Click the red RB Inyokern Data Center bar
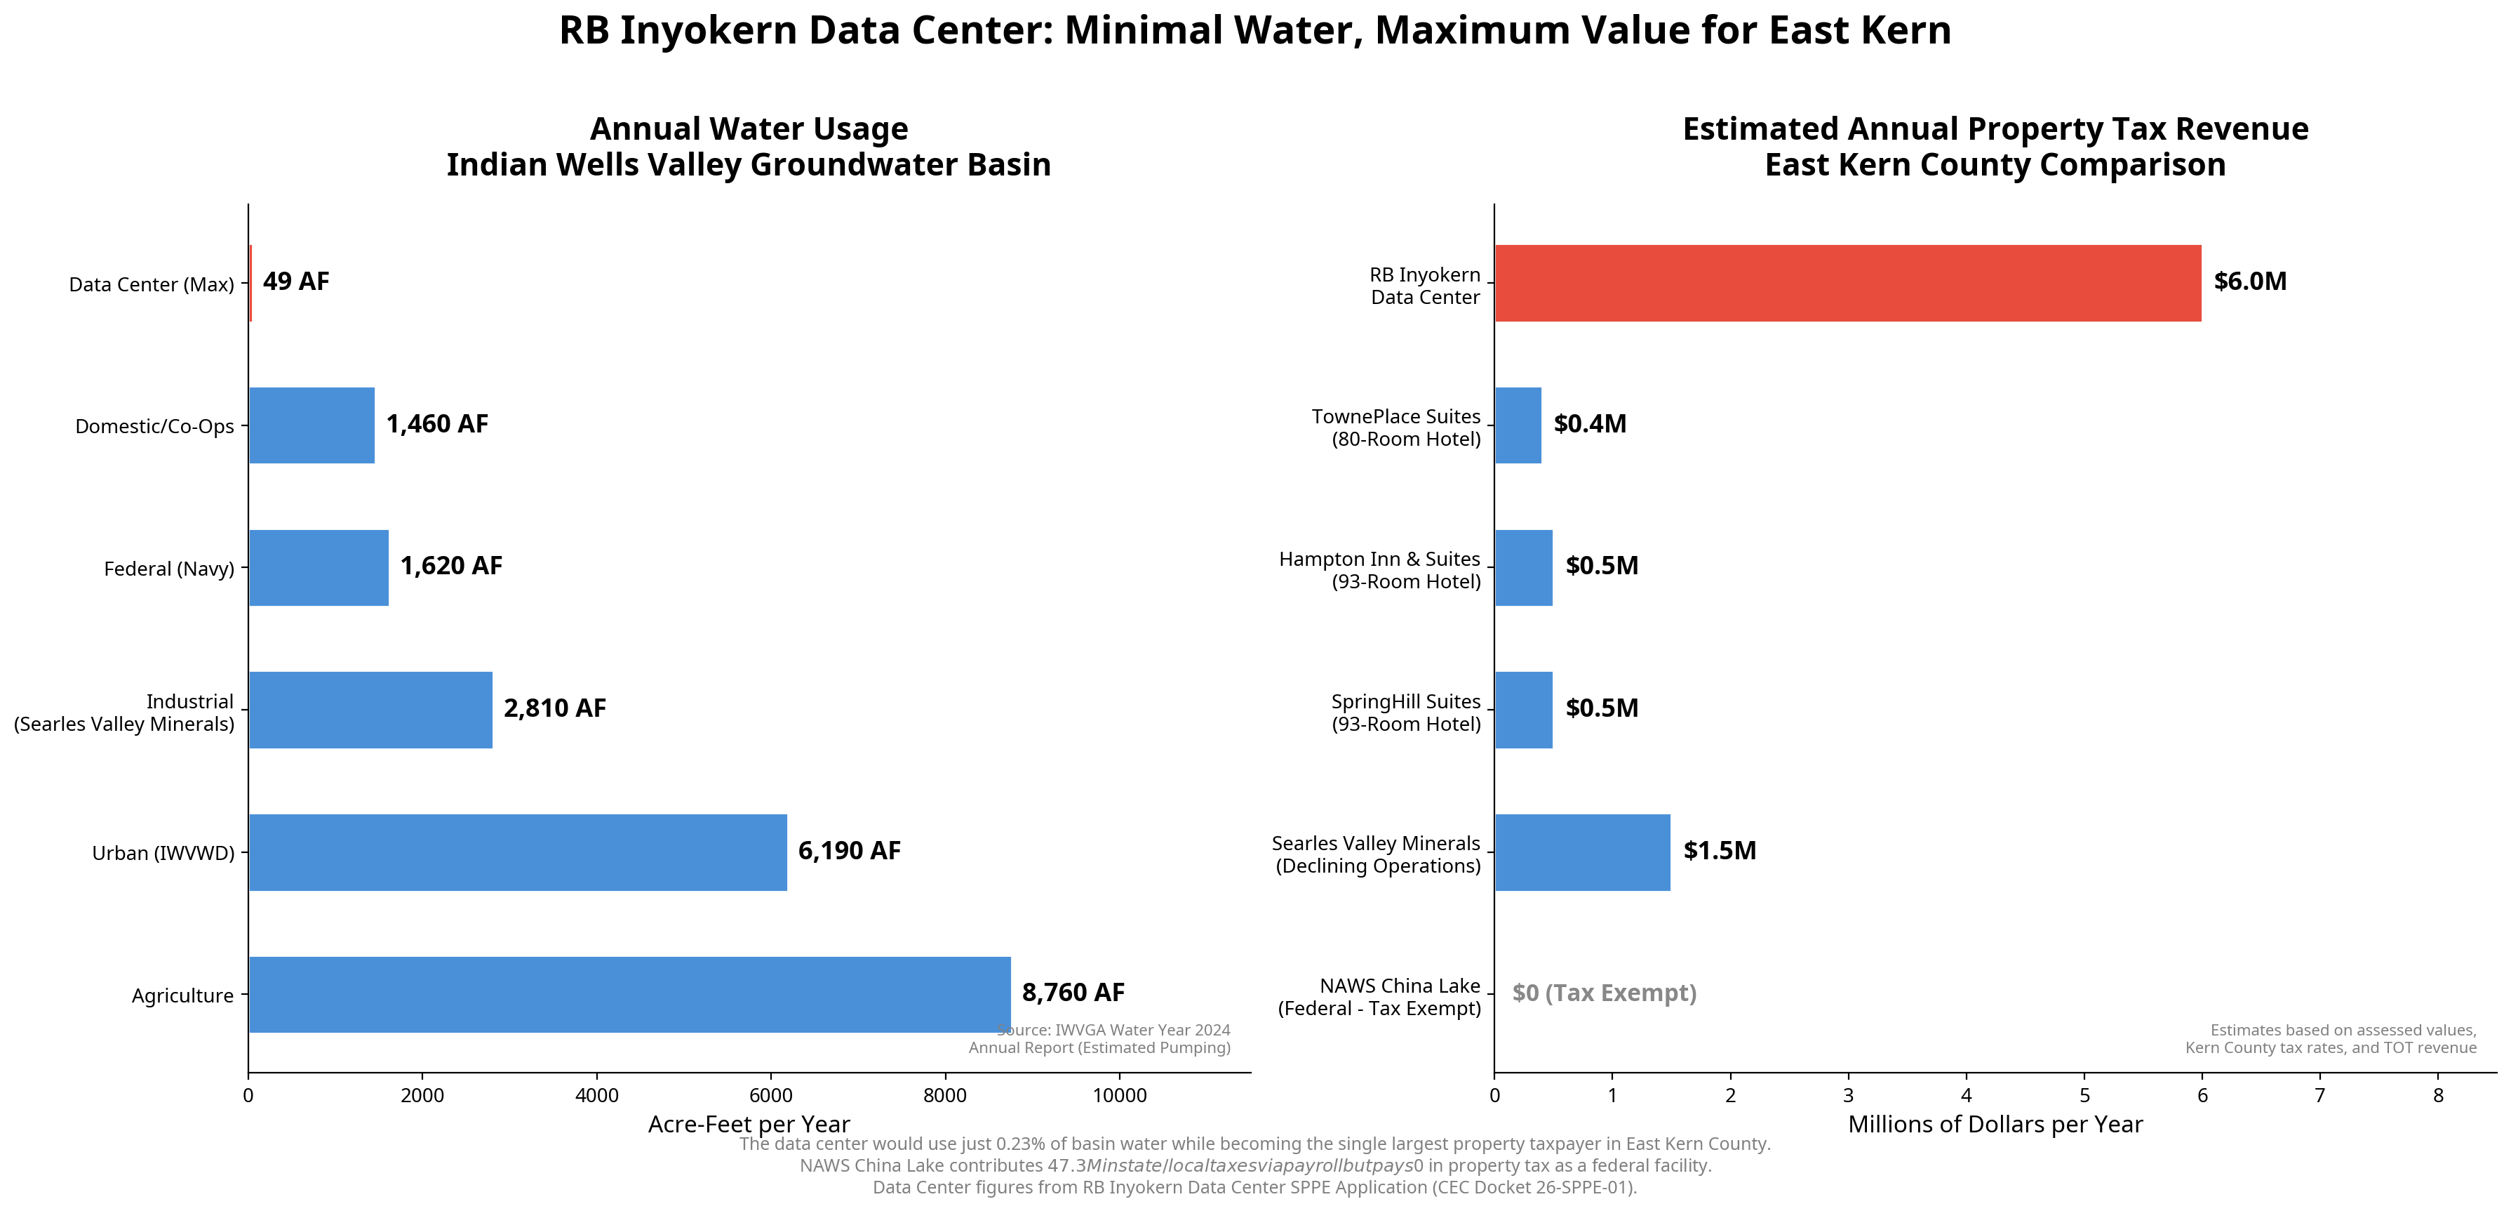pyautogui.click(x=1847, y=283)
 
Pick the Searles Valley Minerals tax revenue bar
pyautogui.click(x=1581, y=852)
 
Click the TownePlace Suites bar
pyautogui.click(x=1518, y=425)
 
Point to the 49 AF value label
pyautogui.click(x=295, y=282)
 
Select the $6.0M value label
pyautogui.click(x=2249, y=282)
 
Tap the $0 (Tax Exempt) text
pyautogui.click(x=1604, y=993)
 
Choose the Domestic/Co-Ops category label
pyautogui.click(x=154, y=426)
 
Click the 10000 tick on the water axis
pyautogui.click(x=1119, y=1096)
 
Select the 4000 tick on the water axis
pyautogui.click(x=596, y=1096)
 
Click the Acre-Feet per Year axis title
pyautogui.click(x=749, y=1124)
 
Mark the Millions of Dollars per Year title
pyautogui.click(x=1995, y=1124)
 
